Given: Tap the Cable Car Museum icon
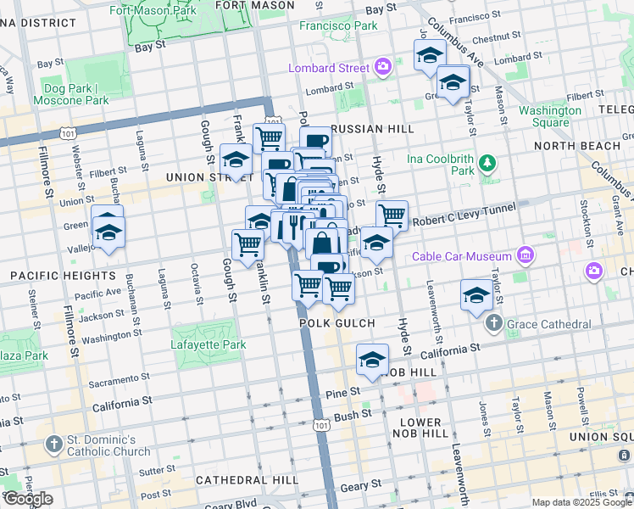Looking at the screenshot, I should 526,255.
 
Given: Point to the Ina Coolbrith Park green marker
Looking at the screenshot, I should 487,162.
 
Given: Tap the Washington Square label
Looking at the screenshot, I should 550,116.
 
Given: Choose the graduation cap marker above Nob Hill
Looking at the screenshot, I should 372,361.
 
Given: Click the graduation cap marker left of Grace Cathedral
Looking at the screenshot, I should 476,295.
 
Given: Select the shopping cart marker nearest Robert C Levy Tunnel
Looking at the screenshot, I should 392,215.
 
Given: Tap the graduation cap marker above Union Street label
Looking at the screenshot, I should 236,160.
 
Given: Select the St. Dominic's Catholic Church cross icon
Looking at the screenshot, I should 54,445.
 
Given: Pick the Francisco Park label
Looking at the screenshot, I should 338,26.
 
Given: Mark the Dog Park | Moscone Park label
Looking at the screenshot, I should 71,94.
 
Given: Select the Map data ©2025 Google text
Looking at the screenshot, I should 581,502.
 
